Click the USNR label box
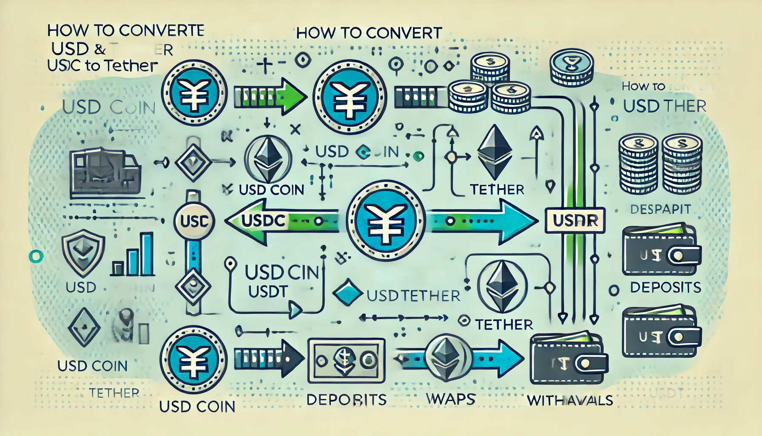[575, 220]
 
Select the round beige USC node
[194, 221]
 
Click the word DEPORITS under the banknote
[346, 399]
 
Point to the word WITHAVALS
[570, 400]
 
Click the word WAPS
[450, 399]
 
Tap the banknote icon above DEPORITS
[346, 361]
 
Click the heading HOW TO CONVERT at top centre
[369, 33]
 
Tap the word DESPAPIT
[660, 209]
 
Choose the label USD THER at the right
[664, 106]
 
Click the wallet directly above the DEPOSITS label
[661, 250]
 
